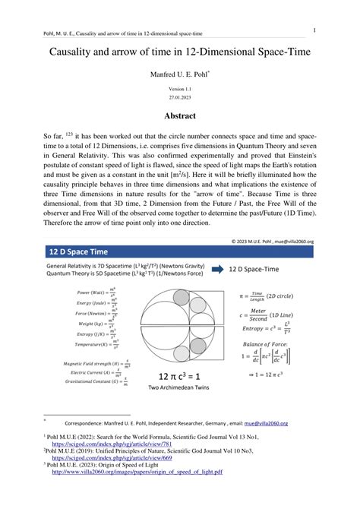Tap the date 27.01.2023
[181, 97]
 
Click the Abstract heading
[181, 115]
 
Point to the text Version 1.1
[181, 89]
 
